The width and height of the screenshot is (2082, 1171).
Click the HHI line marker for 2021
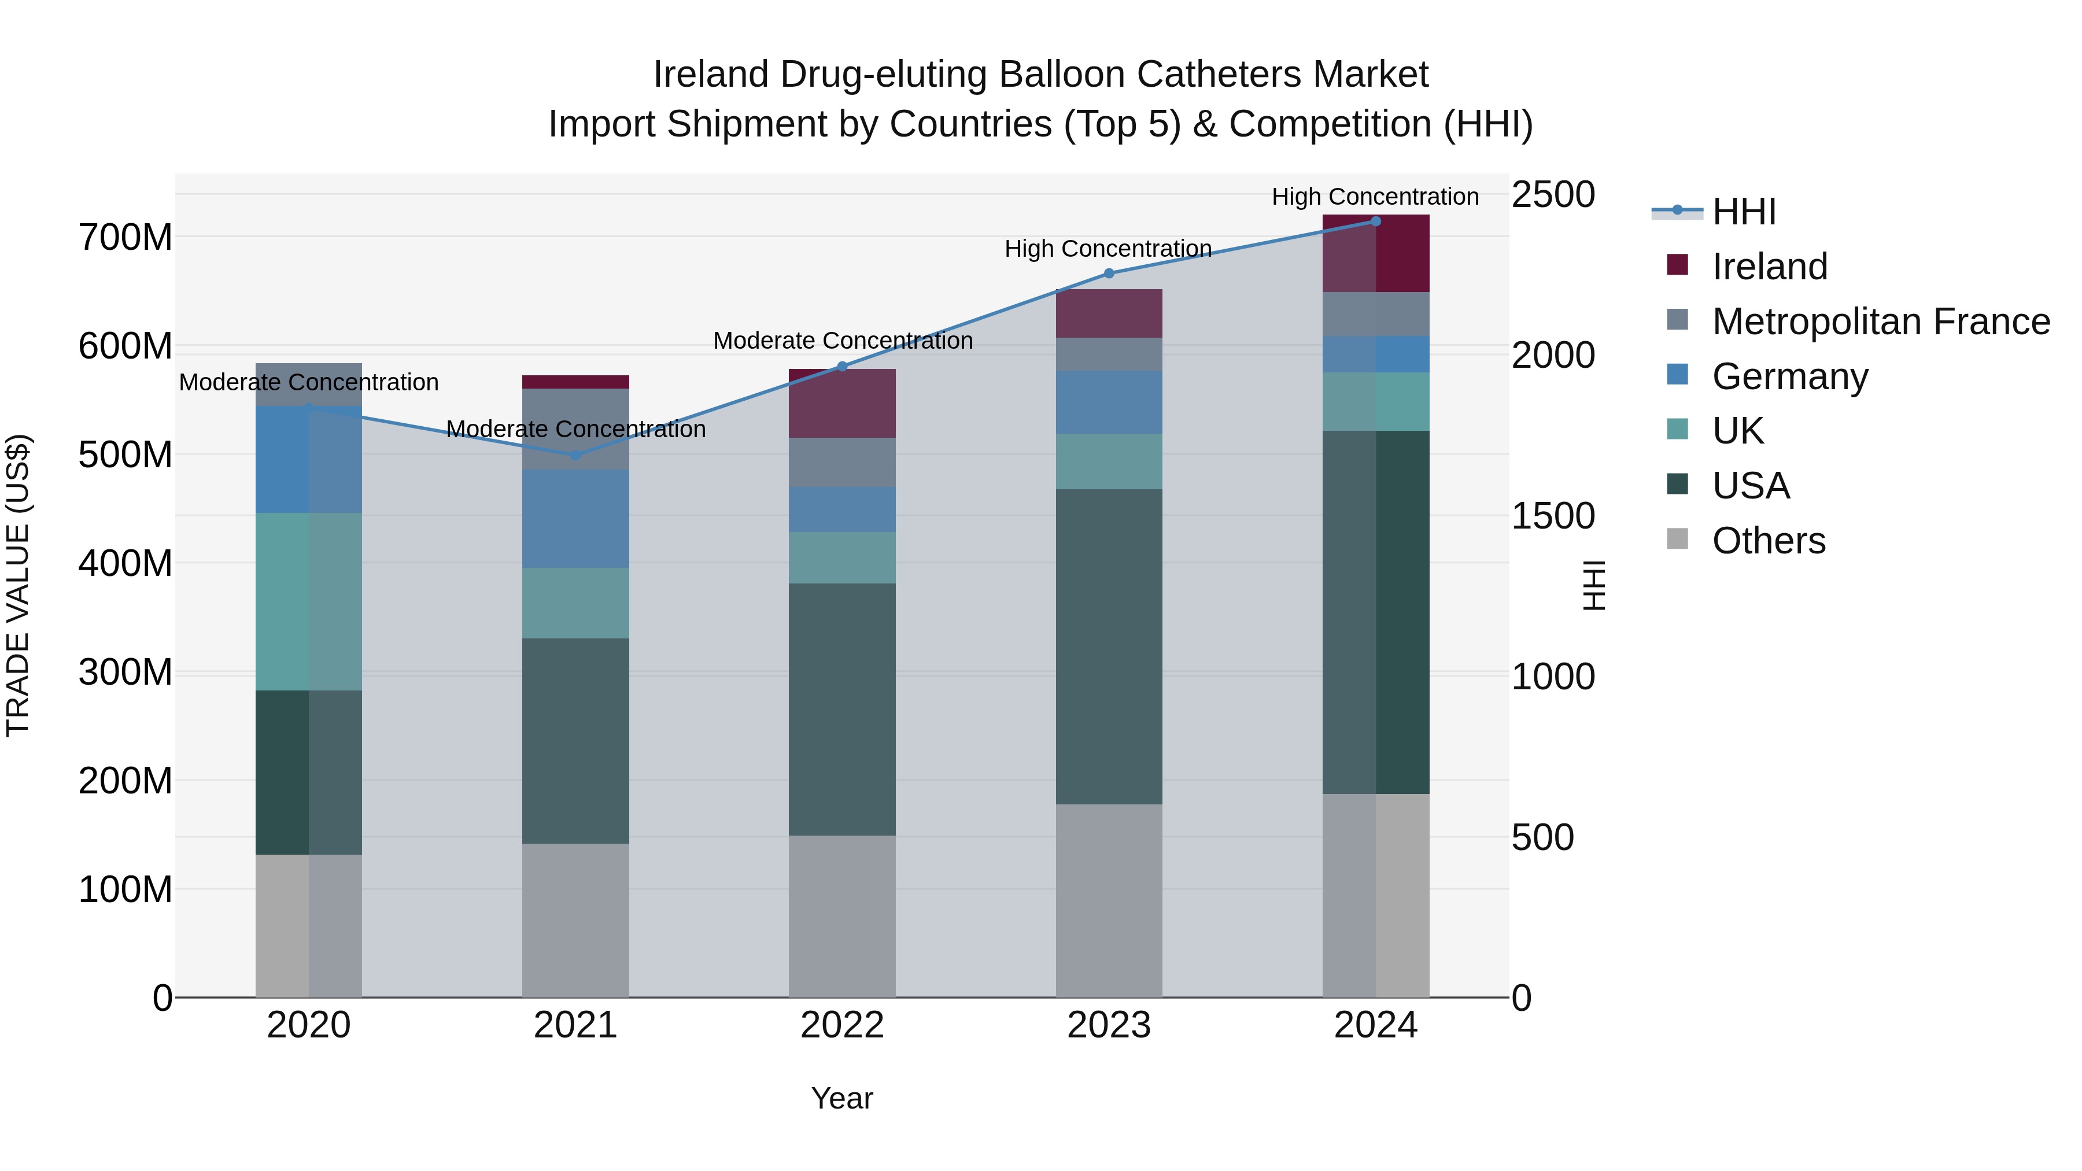(x=575, y=456)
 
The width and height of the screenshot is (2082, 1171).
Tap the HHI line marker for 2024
(x=1376, y=221)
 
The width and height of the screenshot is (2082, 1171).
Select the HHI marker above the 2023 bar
(x=1109, y=273)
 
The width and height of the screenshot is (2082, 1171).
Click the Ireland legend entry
(x=1769, y=267)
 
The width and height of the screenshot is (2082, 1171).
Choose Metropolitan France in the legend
(x=1880, y=322)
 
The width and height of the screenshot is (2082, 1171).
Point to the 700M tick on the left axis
(x=125, y=238)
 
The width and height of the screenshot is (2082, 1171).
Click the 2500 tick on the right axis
(x=1553, y=195)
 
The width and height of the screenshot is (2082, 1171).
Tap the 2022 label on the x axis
(x=842, y=1025)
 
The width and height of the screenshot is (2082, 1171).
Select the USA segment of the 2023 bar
(x=1109, y=647)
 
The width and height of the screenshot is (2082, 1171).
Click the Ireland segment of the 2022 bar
(x=842, y=403)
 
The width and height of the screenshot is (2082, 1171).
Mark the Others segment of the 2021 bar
(x=575, y=921)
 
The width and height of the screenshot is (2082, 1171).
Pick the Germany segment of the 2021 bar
(x=575, y=518)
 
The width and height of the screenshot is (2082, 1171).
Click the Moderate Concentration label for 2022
(x=842, y=341)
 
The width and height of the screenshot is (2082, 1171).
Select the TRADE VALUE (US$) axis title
(x=18, y=585)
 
